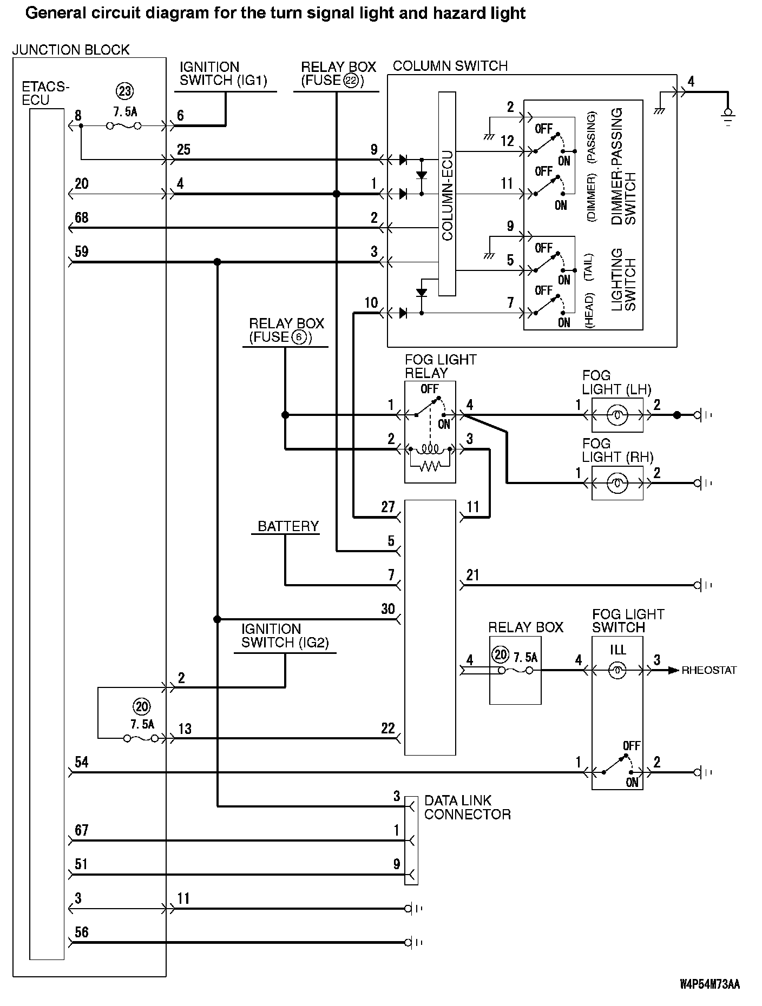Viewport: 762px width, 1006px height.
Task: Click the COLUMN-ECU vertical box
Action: pos(447,194)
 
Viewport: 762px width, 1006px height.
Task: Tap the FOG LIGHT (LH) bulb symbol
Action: pos(617,415)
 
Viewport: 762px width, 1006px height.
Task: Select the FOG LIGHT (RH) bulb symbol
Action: pos(617,483)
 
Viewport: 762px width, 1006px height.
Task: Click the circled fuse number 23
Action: pos(125,91)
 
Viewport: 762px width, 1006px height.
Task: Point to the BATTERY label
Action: pos(288,526)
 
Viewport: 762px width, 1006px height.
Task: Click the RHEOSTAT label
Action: pos(709,671)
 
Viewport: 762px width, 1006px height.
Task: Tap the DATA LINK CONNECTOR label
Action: pos(467,808)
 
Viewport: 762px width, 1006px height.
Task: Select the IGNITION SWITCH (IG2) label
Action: pos(285,636)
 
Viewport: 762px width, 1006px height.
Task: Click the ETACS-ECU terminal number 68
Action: pos(82,218)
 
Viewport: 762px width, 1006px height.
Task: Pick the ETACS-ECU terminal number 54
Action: pos(82,763)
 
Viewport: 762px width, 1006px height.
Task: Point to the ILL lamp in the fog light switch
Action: pos(618,671)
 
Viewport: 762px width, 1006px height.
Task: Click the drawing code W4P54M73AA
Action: pos(710,984)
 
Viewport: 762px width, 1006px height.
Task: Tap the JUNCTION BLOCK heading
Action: pos(71,50)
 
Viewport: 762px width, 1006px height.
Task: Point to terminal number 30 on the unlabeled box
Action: pos(388,609)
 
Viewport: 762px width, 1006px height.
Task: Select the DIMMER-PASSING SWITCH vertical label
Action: pos(623,166)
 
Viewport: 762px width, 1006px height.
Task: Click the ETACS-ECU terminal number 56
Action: pos(82,932)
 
